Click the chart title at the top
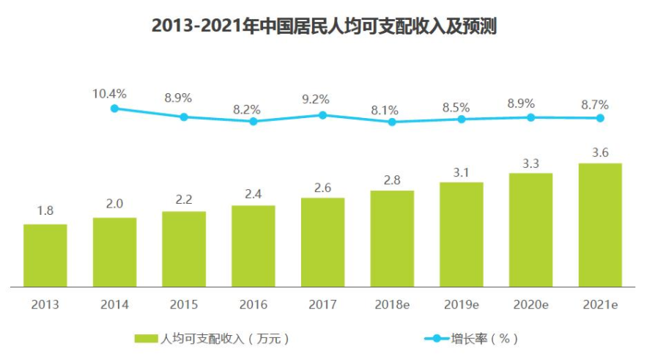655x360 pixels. tap(324, 27)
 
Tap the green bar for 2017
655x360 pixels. tap(322, 242)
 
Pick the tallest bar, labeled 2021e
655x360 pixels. tap(600, 224)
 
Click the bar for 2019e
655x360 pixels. tap(462, 234)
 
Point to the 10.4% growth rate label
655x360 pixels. tap(110, 94)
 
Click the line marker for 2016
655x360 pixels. tap(254, 121)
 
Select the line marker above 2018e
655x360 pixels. tap(392, 122)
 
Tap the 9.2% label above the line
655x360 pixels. tap(315, 99)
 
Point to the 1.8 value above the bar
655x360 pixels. tap(45, 211)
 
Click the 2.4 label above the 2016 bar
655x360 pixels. tap(254, 193)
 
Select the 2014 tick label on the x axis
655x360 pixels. tap(114, 304)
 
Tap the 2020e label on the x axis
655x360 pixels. tap(530, 304)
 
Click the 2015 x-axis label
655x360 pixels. tap(184, 304)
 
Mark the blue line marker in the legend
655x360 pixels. tap(437, 339)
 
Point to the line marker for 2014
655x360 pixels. tap(114, 109)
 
